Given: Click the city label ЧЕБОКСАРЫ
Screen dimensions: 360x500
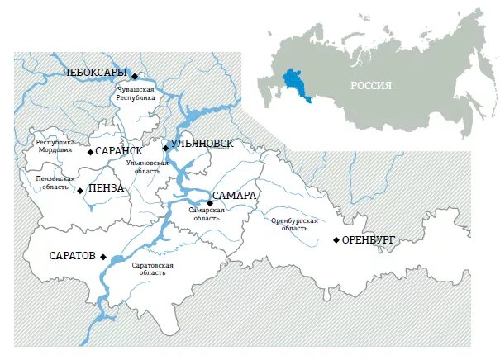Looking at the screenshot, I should click(96, 73).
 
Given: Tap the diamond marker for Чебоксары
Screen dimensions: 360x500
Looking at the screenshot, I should click(134, 76).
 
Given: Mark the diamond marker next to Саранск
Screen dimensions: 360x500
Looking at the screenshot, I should click(90, 152).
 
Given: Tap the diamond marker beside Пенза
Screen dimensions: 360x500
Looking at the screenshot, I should click(79, 190).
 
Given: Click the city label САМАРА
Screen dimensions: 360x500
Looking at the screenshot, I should click(236, 196).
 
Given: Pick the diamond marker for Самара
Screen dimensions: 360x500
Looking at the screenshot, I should click(210, 201).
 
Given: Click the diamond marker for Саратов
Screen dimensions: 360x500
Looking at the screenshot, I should click(103, 257).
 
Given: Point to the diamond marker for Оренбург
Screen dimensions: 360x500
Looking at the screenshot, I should click(336, 240).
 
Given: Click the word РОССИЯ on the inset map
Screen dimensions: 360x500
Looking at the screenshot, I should click(370, 85).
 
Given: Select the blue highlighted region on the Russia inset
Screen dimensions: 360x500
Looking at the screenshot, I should click(293, 83).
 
